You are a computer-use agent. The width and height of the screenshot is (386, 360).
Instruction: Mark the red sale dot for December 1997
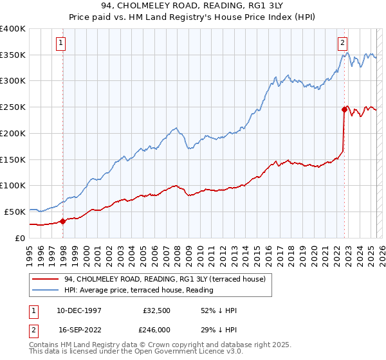pyautogui.click(x=63, y=221)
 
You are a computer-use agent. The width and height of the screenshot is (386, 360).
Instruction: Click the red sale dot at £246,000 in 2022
pyautogui.click(x=344, y=110)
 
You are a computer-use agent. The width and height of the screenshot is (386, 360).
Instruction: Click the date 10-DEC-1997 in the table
pyautogui.click(x=75, y=310)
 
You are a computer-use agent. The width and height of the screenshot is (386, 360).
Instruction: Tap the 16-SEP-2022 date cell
pyautogui.click(x=74, y=328)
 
